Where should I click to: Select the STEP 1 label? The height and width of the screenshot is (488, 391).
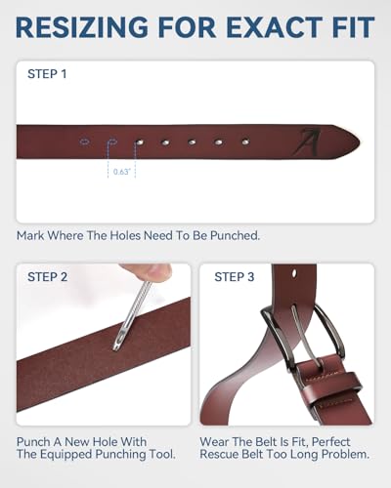(x=46, y=74)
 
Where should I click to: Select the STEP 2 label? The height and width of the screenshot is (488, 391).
(x=46, y=277)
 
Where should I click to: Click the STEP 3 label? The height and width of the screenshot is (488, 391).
(x=235, y=277)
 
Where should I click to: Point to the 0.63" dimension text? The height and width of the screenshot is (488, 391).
(x=121, y=172)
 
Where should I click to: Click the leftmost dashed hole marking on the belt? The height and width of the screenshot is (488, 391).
(x=85, y=142)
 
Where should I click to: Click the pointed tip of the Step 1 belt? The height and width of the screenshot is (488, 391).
(x=358, y=142)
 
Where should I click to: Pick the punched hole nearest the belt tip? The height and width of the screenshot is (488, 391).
(x=244, y=142)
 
